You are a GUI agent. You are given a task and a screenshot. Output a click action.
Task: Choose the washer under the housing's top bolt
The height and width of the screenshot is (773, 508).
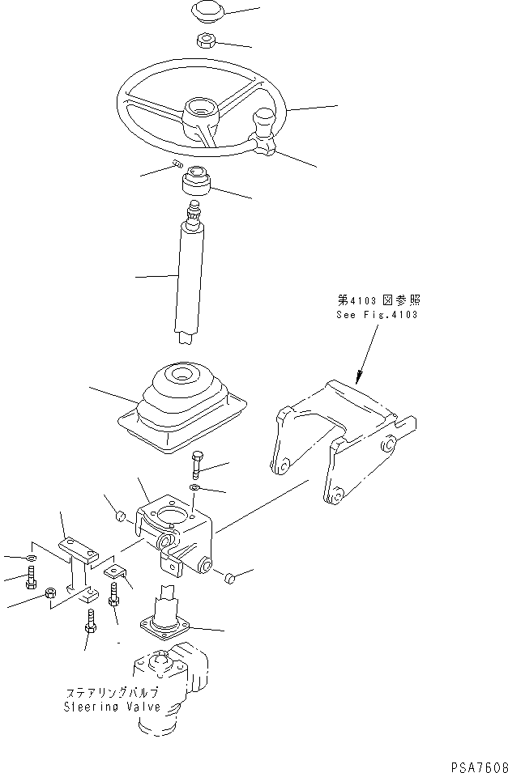[195, 487]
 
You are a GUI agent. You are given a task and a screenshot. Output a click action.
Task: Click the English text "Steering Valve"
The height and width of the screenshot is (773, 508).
[112, 707]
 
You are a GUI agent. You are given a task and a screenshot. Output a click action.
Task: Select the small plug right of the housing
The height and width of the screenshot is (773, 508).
[229, 577]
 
